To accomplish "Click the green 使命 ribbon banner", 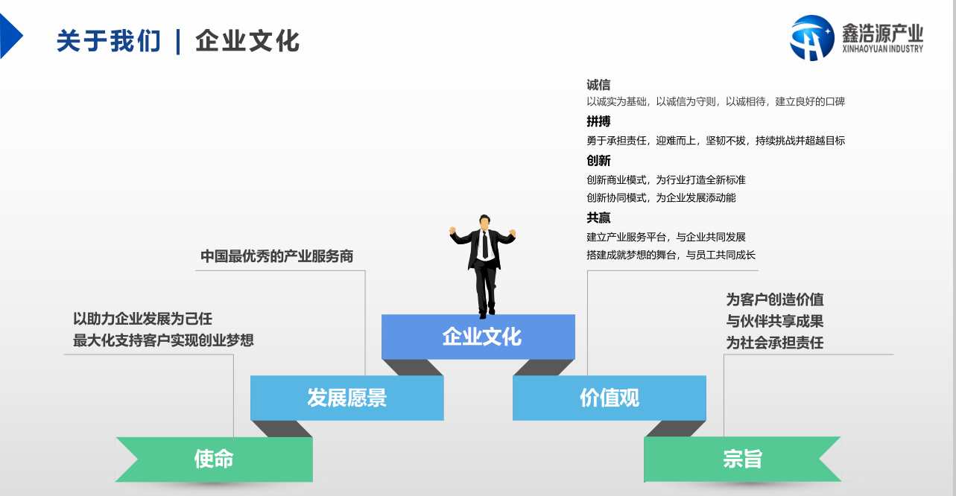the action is (215, 460).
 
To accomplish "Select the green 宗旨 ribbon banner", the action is (743, 460).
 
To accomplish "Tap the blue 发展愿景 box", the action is (347, 398).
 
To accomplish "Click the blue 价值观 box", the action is (609, 398).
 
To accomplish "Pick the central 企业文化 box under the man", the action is (478, 337).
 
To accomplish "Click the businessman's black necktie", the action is (485, 245).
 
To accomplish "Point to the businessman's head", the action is (484, 222).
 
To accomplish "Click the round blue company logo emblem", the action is (811, 37).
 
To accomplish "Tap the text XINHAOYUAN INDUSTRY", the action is (882, 48).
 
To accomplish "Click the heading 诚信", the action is (598, 85).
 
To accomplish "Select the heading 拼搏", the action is (598, 121).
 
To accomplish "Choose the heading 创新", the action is (598, 161).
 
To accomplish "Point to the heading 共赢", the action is (598, 218).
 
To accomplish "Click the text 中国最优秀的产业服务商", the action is (277, 256).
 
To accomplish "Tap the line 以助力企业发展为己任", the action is (142, 319).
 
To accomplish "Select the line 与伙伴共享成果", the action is (775, 321).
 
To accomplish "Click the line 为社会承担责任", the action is (775, 343).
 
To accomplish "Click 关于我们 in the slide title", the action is (108, 41).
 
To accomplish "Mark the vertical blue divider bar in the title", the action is (178, 42).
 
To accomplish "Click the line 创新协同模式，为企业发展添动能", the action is (661, 198).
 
